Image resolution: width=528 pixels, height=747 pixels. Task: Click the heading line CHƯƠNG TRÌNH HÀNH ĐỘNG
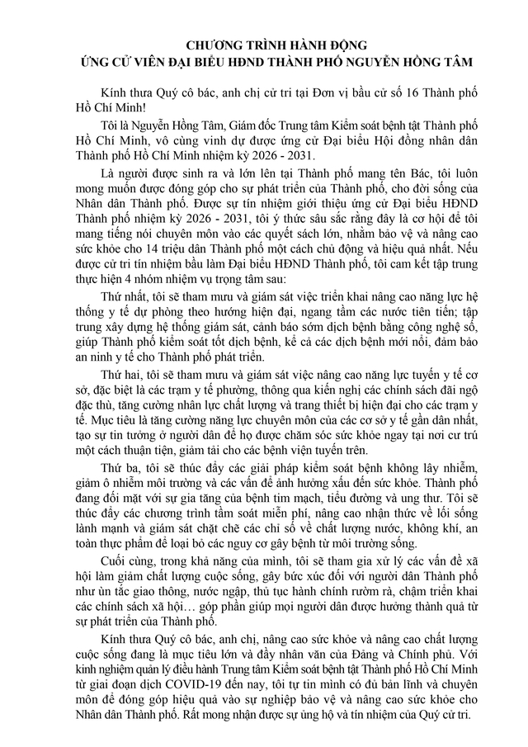pos(264,45)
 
